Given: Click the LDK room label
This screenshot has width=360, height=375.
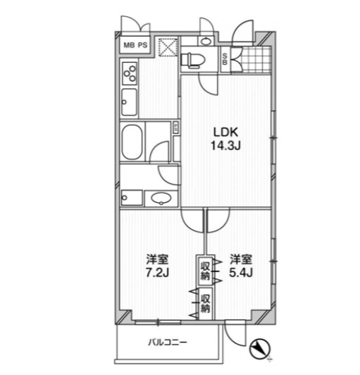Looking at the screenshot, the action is click(x=225, y=132).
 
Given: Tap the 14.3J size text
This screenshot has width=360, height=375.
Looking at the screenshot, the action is click(x=225, y=145).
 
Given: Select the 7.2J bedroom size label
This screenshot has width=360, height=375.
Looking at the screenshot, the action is click(x=158, y=272).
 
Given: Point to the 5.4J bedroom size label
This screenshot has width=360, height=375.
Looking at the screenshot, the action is click(x=241, y=272).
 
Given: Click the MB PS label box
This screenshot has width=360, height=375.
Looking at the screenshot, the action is click(x=135, y=45).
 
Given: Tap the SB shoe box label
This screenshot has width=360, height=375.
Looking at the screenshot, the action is click(x=225, y=59).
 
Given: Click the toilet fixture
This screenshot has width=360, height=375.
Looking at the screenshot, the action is click(x=192, y=60).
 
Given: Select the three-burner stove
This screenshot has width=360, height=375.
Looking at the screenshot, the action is click(x=130, y=73).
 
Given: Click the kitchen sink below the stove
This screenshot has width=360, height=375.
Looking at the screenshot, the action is click(x=129, y=102).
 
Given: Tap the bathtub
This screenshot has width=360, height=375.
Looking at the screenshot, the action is click(x=132, y=142).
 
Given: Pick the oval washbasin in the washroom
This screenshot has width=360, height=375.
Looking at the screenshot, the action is click(x=161, y=199).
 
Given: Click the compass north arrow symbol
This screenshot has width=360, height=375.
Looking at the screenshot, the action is click(x=259, y=348).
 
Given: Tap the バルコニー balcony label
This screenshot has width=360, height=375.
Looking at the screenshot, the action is click(x=168, y=343).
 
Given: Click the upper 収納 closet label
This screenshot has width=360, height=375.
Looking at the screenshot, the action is click(x=205, y=271).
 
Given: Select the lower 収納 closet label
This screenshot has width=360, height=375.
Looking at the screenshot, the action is click(x=205, y=304).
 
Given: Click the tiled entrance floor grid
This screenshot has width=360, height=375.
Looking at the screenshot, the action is click(x=256, y=59).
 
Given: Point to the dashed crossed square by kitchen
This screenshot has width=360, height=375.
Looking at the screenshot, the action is click(x=168, y=47).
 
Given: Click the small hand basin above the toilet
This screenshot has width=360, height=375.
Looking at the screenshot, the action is click(x=205, y=41).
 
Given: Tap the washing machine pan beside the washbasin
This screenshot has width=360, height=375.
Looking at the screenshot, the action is click(x=132, y=198).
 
